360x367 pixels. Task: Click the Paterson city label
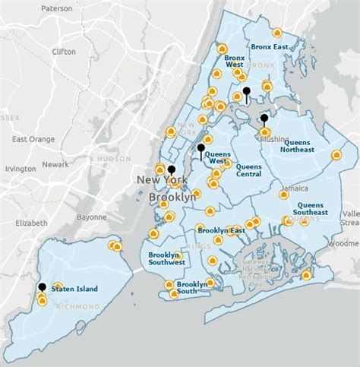coord(57,8)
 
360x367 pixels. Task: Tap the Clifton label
coord(63,52)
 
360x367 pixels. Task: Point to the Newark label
coord(55,164)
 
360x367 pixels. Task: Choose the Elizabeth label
coord(30,223)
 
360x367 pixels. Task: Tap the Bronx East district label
coord(271,46)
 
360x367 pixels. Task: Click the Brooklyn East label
coord(220,229)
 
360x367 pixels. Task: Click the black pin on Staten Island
coord(41,287)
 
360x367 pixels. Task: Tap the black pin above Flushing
coord(264,119)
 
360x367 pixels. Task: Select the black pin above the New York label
coord(172,169)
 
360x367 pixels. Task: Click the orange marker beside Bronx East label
coord(276,33)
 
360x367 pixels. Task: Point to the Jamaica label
coord(292,188)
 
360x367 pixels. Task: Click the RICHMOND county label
coord(78,306)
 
